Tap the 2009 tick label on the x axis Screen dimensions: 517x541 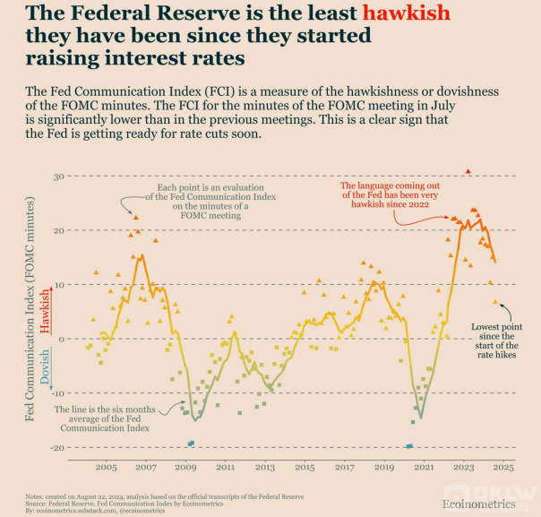click(x=185, y=468)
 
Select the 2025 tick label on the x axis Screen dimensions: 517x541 click(x=502, y=468)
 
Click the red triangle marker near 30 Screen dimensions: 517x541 click(x=468, y=171)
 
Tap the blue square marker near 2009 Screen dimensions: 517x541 click(x=191, y=443)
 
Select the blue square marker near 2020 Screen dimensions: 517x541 click(x=409, y=445)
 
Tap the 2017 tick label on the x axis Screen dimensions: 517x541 click(x=344, y=468)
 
